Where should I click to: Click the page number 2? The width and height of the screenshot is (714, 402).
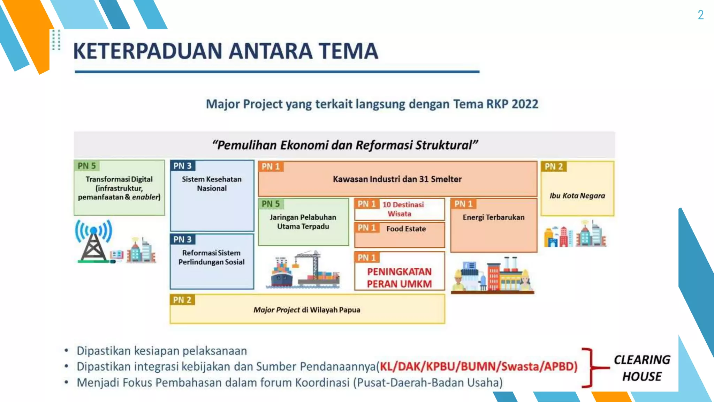[700, 15]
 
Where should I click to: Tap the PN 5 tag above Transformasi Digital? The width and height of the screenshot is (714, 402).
[87, 166]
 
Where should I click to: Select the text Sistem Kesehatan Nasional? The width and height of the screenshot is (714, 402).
[212, 184]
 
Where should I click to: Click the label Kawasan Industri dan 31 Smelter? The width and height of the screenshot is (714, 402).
[397, 179]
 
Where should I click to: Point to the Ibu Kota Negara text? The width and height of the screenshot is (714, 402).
[577, 196]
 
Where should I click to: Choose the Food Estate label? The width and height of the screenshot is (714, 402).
[406, 229]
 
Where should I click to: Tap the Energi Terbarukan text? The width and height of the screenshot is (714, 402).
[493, 217]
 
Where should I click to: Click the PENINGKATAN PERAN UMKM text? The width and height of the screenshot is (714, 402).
[399, 278]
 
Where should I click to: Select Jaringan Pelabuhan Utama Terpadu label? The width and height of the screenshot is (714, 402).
[303, 222]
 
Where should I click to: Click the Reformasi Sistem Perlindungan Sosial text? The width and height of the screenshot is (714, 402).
[211, 257]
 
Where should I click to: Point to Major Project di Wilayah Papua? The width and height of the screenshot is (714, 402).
[307, 310]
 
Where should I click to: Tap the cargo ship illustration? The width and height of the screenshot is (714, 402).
[282, 274]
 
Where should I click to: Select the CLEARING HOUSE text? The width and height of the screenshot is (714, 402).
[641, 368]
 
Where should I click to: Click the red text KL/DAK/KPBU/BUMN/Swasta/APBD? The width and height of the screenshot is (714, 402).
[478, 366]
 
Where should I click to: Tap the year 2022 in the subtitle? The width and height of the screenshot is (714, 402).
[525, 104]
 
